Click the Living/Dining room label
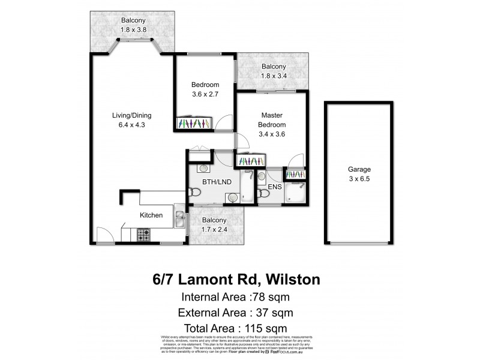tap(132, 115)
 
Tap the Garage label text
tap(359, 169)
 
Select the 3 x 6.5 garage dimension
tap(359, 179)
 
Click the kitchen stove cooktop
tap(143, 235)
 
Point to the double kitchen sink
tap(179, 218)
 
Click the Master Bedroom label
tap(272, 119)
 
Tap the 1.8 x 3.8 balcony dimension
tap(131, 29)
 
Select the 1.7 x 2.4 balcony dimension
tap(214, 229)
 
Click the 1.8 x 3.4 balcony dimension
tap(273, 76)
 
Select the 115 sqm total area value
tap(268, 328)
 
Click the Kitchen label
tap(151, 215)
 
